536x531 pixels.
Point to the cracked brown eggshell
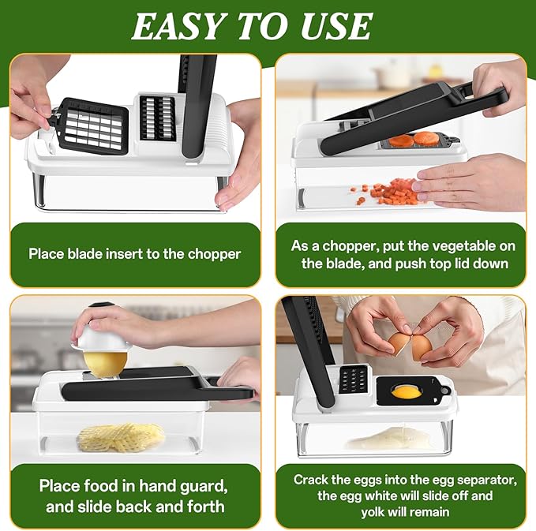click(x=399, y=342)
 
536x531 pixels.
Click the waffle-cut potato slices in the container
click(x=121, y=436)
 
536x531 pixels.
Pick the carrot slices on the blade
click(x=414, y=140)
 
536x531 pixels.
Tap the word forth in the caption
click(x=205, y=507)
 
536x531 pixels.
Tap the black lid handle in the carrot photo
click(x=482, y=98)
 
